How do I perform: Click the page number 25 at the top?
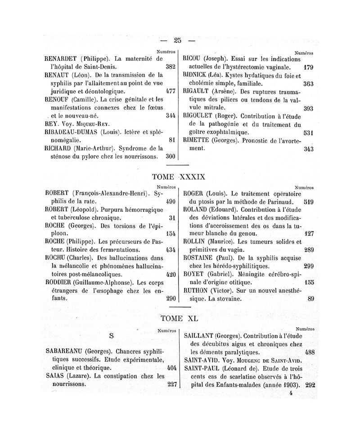click(178, 40)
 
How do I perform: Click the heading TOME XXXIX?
click(180, 177)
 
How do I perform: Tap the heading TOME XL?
click(180, 318)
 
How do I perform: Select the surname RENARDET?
click(62, 58)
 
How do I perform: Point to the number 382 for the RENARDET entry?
click(170, 67)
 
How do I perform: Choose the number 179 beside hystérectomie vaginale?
click(308, 68)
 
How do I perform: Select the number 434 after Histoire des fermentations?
click(170, 249)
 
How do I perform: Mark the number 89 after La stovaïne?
click(310, 298)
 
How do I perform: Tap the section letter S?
click(111, 335)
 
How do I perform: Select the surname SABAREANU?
click(64, 351)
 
